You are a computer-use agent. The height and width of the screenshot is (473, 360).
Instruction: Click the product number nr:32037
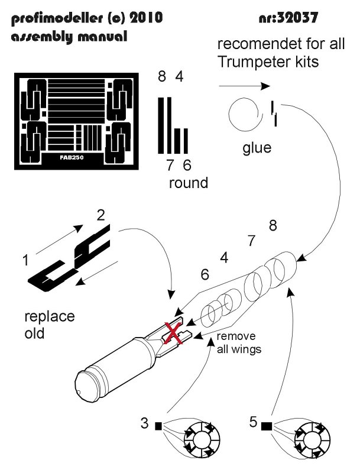(x=290, y=18)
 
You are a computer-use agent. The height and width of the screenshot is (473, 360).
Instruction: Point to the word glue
(x=257, y=147)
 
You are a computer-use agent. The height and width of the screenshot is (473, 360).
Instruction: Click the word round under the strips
(x=189, y=183)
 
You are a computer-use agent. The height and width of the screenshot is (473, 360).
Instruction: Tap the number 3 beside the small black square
(x=144, y=423)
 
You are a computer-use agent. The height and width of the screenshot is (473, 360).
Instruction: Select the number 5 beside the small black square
(x=253, y=423)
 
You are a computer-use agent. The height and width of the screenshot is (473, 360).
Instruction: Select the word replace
(x=50, y=317)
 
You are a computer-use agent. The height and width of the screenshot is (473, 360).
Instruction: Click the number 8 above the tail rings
(x=273, y=225)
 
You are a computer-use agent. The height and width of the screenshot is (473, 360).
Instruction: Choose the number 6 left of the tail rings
(x=205, y=275)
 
